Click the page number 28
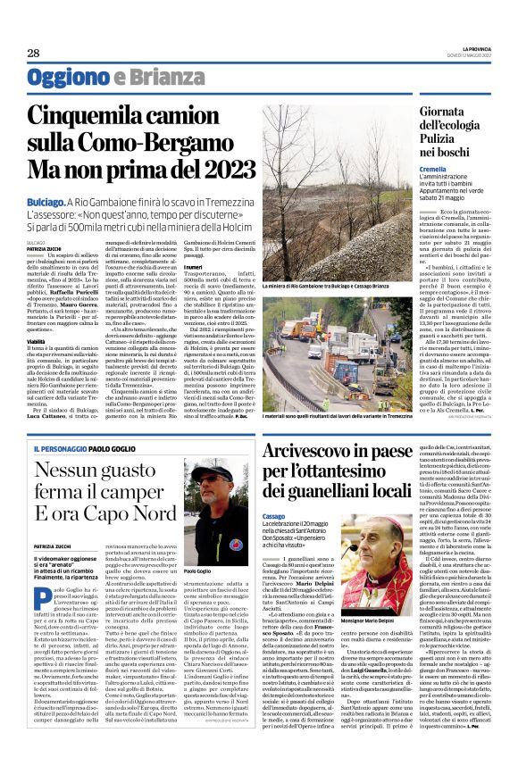click(33, 54)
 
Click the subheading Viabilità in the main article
click(38, 340)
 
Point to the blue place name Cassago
click(276, 516)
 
